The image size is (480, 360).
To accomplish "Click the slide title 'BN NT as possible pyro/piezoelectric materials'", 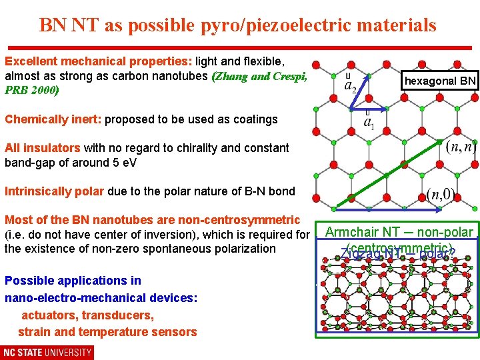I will pos(238,25).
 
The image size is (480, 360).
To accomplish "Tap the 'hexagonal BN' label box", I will pos(441,81).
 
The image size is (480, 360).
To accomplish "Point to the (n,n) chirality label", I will pos(461,146).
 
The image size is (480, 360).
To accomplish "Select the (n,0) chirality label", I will pos(441,194).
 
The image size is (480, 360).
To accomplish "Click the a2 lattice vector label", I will pos(350,84).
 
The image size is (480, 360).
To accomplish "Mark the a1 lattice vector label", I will pos(368,122).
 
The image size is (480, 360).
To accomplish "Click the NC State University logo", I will pos(47,352).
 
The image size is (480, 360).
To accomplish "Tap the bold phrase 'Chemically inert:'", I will pos(53,119).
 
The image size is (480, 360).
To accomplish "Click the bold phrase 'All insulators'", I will pos(43,147).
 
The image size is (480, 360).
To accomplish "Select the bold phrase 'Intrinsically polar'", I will pos(54,191).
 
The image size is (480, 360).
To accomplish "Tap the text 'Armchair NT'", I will pos(362,233).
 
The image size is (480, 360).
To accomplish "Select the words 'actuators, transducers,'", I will pos(88,315).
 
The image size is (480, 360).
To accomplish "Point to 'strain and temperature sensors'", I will pos(107,332).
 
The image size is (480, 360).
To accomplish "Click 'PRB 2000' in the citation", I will pos(31,90).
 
